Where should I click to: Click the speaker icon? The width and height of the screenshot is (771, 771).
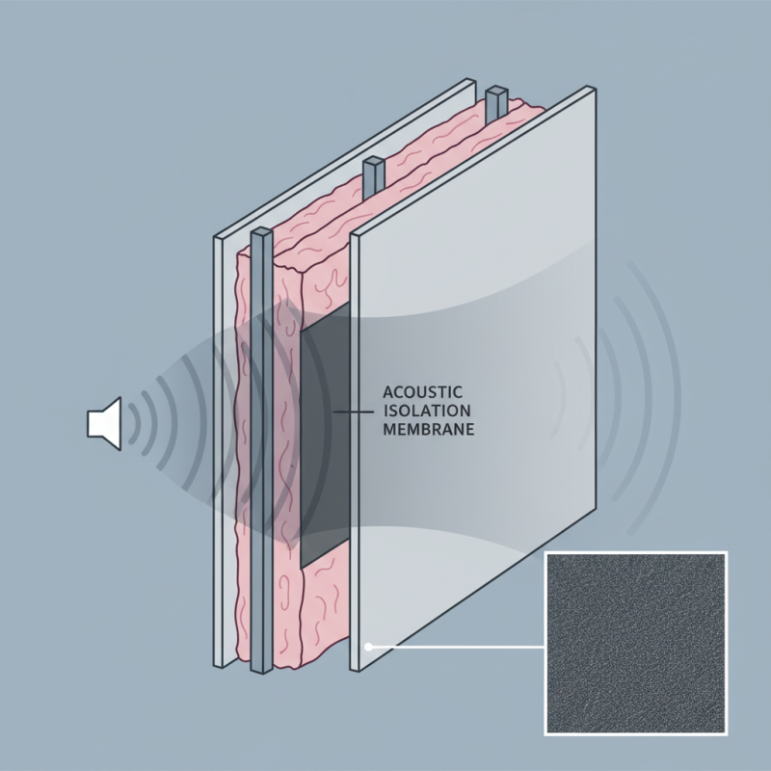[x=103, y=421]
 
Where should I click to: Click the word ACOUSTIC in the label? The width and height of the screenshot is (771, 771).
[x=423, y=391]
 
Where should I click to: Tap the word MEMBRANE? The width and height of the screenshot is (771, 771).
[x=429, y=431]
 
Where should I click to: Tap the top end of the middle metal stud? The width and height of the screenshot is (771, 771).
[x=374, y=171]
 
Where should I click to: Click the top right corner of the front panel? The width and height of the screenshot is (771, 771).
[x=590, y=89]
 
